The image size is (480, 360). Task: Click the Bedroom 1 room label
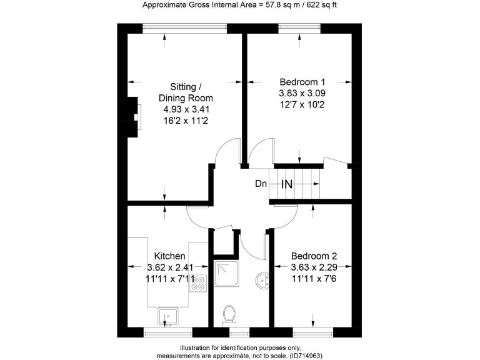(302, 81)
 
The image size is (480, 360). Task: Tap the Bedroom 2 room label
(314, 256)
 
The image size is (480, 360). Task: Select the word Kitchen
(170, 256)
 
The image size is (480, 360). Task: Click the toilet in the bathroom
(229, 314)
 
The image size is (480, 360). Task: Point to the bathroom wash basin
(261, 279)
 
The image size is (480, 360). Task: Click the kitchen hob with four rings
(199, 282)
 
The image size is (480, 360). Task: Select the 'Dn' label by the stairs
(261, 184)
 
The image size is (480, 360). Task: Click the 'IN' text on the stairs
(287, 184)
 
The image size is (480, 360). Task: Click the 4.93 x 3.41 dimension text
(186, 109)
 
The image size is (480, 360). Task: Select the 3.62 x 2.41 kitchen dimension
(170, 267)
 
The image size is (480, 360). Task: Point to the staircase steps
(297, 184)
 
